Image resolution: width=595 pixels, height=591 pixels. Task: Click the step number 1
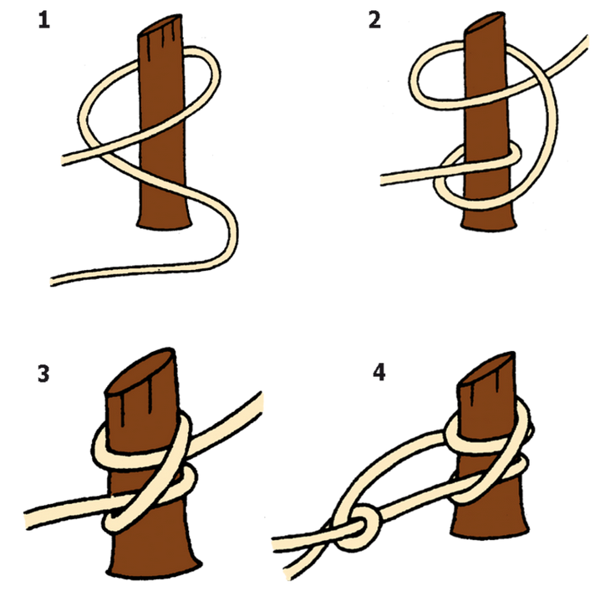44,21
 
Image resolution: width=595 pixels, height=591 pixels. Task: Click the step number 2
374,21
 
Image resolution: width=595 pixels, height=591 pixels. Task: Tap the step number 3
43,373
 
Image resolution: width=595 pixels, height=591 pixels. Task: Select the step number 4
379,372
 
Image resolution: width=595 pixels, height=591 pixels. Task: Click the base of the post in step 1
164,223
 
